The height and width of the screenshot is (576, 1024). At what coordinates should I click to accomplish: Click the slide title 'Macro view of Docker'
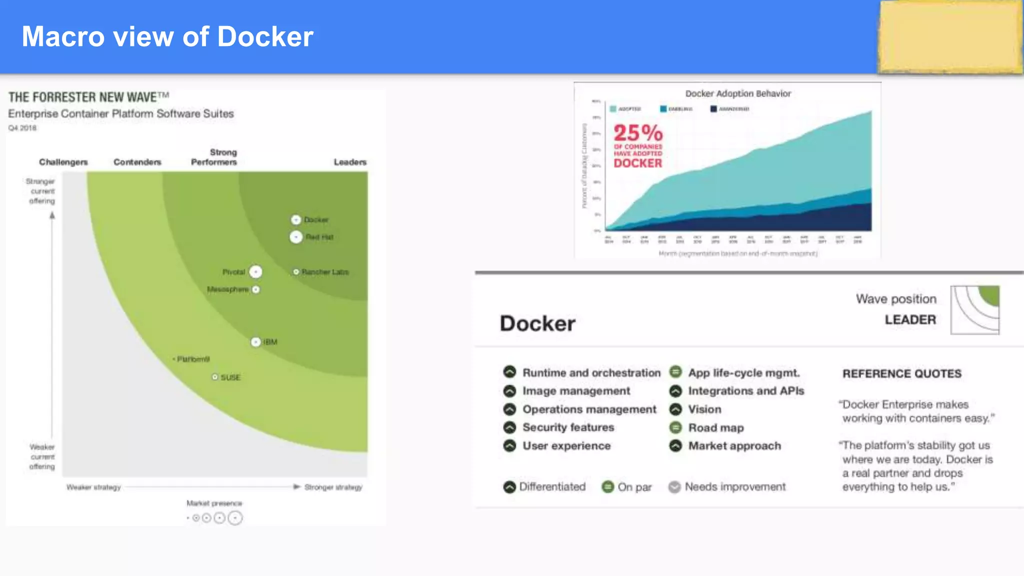click(x=167, y=36)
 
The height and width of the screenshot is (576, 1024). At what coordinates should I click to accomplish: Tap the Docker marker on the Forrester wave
click(x=296, y=220)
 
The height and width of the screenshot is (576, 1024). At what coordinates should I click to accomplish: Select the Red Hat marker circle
click(x=296, y=237)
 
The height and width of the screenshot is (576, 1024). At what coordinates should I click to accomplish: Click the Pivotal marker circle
click(x=255, y=271)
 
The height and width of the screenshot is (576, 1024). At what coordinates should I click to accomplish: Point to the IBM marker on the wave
click(x=255, y=342)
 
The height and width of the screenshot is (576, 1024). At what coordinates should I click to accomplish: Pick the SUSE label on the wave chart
click(x=230, y=377)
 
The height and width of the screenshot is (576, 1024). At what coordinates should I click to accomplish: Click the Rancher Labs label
click(x=325, y=272)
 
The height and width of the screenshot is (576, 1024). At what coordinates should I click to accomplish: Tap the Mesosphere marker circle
click(x=256, y=289)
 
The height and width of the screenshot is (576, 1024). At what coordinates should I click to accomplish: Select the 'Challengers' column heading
click(x=63, y=162)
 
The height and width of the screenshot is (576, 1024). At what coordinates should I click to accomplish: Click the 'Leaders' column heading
click(x=350, y=162)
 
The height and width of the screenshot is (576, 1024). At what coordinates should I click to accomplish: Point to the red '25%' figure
click(x=638, y=133)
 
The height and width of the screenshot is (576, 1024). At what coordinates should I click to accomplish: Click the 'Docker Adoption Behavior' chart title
click(x=738, y=93)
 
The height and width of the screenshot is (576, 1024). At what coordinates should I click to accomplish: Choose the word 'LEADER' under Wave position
click(x=910, y=319)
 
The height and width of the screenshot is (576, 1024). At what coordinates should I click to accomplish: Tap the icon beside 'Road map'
click(x=675, y=427)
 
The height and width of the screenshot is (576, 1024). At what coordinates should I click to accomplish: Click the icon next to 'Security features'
click(x=509, y=427)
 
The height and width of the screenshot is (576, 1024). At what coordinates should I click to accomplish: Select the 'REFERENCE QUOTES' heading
click(x=902, y=373)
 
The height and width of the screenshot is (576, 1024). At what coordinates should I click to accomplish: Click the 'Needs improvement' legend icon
click(x=674, y=487)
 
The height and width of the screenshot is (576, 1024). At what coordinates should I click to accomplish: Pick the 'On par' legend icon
click(x=607, y=487)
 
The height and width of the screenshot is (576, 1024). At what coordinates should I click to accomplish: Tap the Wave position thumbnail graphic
click(x=974, y=310)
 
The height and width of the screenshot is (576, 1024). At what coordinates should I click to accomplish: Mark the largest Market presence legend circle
click(x=235, y=518)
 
